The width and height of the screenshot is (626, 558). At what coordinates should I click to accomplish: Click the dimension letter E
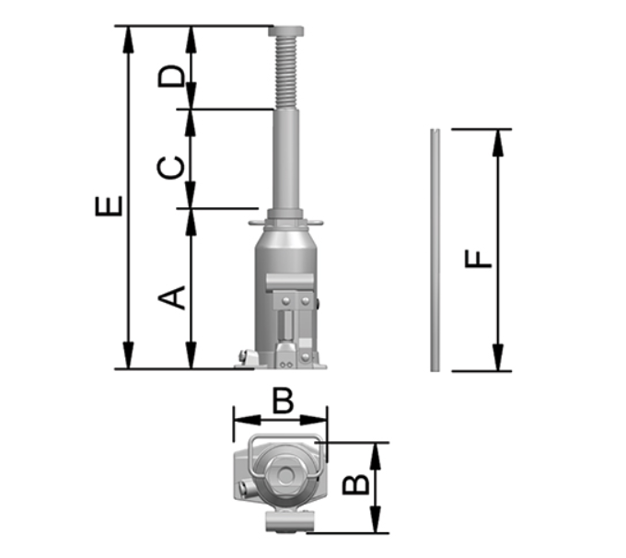pyautogui.click(x=109, y=206)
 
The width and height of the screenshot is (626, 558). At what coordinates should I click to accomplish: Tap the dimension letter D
pyautogui.click(x=171, y=76)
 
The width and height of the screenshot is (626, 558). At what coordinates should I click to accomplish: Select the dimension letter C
pyautogui.click(x=171, y=168)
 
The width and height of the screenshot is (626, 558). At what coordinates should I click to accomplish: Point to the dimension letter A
pyautogui.click(x=171, y=297)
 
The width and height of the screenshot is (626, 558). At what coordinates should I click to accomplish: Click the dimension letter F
pyautogui.click(x=478, y=259)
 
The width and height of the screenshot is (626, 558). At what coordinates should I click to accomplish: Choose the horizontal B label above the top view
pyautogui.click(x=283, y=401)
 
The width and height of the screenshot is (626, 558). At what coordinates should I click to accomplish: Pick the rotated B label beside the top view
pyautogui.click(x=356, y=484)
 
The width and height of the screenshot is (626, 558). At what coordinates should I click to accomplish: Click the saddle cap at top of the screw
pyautogui.click(x=286, y=31)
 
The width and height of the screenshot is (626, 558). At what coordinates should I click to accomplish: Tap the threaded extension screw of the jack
pyautogui.click(x=286, y=73)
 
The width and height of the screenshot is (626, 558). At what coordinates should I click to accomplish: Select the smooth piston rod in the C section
pyautogui.click(x=286, y=159)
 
